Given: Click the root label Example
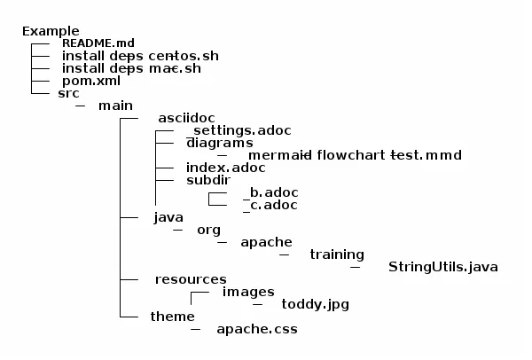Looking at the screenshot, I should click(51, 31).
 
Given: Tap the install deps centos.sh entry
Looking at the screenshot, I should click(140, 56).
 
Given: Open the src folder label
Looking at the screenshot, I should click(68, 93).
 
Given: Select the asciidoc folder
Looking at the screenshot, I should click(185, 118).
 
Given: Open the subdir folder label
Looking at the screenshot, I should click(208, 179).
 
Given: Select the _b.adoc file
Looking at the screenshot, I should click(269, 192).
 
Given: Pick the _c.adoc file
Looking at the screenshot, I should click(269, 204).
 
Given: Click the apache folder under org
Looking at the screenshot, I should click(266, 241).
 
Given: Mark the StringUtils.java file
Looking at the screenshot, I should click(443, 266).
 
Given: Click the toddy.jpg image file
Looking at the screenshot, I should click(315, 304).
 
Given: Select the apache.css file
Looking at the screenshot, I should click(256, 329).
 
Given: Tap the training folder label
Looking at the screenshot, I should click(336, 254).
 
